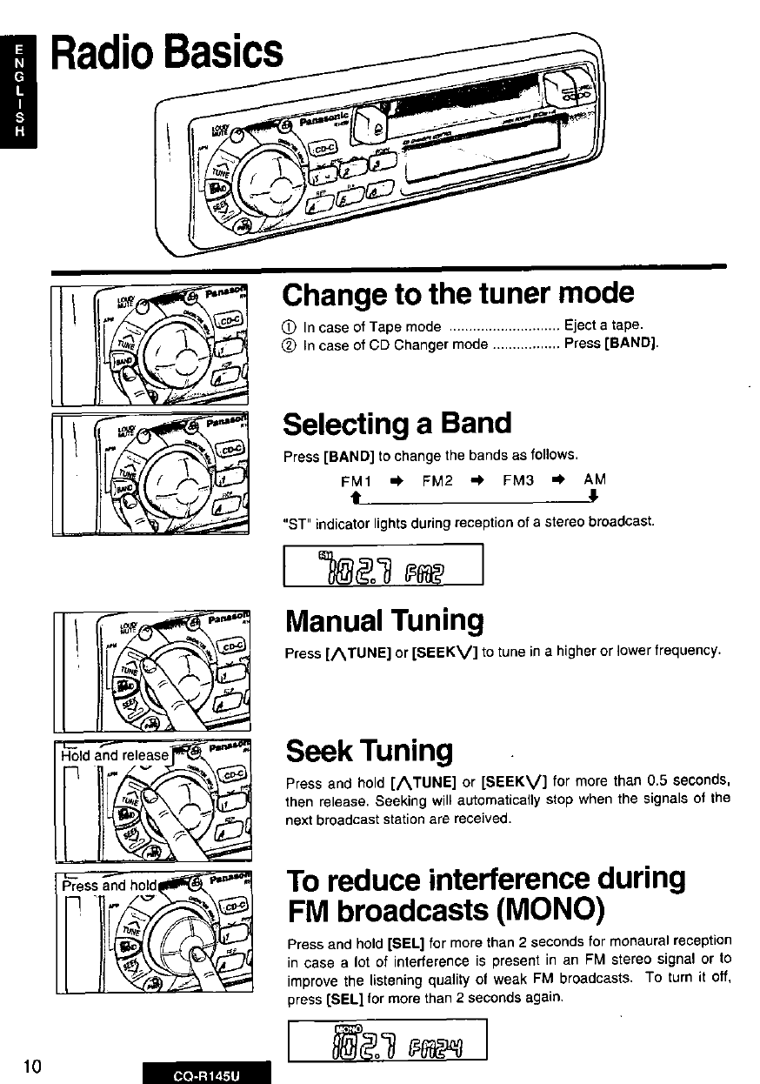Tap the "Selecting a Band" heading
(397, 424)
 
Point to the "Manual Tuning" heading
(383, 620)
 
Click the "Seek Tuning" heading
(369, 750)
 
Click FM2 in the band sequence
(437, 479)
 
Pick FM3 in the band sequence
(518, 479)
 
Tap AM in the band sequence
(595, 479)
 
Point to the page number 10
(33, 1067)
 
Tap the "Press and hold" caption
(108, 886)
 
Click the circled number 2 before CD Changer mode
(291, 345)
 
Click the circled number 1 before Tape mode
(291, 327)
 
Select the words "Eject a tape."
(603, 326)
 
